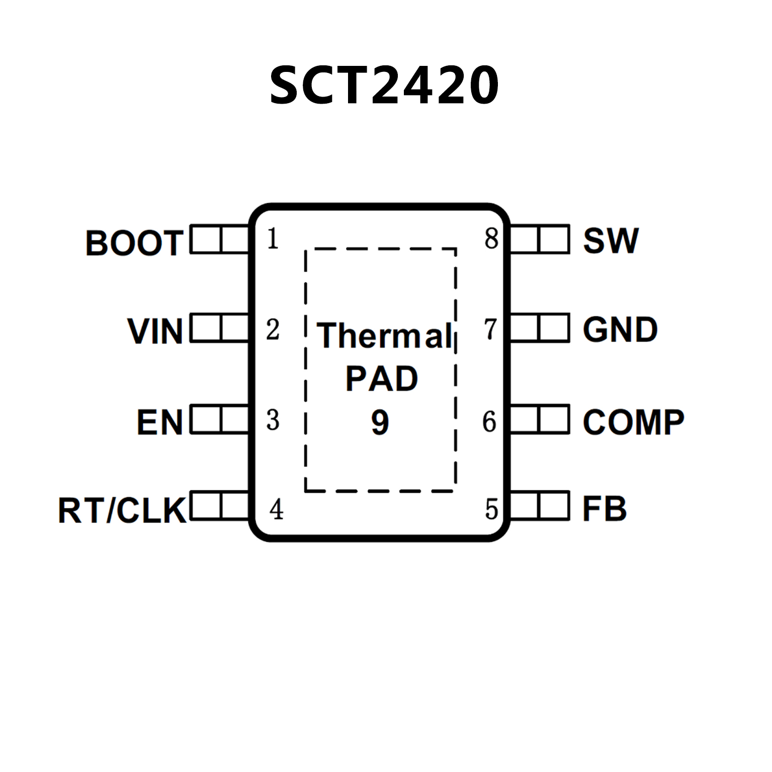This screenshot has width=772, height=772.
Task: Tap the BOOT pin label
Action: point(134,243)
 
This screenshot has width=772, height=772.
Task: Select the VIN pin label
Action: point(155,331)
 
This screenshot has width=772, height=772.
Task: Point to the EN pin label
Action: point(159,422)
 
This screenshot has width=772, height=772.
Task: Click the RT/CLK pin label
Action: point(122,510)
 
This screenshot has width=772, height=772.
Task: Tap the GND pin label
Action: point(620,330)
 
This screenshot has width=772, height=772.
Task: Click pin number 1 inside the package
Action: point(273,239)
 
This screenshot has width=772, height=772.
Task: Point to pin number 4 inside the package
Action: point(276,509)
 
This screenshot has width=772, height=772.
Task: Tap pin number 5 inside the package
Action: point(491,509)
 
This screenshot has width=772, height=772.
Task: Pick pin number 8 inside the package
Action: point(491,239)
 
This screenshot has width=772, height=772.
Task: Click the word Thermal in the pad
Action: point(384,335)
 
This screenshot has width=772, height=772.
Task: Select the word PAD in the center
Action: point(381,379)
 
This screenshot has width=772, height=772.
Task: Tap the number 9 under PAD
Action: point(380,422)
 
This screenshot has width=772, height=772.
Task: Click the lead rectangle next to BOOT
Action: point(220,239)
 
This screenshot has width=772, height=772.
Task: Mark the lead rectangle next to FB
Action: point(540,505)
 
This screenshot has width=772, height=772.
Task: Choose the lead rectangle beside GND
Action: point(540,328)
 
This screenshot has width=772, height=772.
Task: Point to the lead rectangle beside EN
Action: point(220,419)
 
